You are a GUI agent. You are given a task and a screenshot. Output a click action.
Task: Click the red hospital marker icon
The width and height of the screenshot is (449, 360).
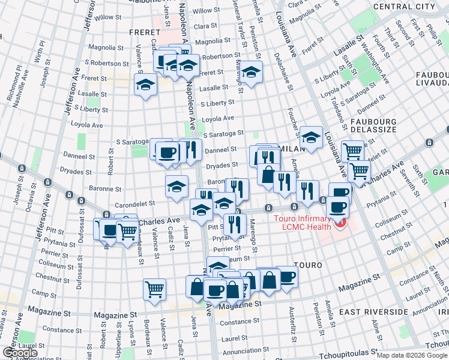click(340, 223)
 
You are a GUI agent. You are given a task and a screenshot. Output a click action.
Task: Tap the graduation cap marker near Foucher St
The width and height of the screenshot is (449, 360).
click(311, 137)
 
